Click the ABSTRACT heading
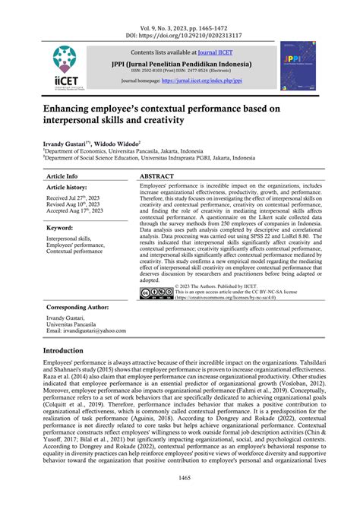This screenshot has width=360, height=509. click(161, 175)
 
